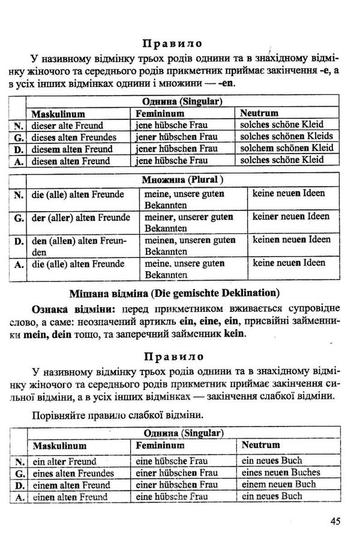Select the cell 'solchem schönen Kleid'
tap(286, 148)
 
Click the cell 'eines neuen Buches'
tap(281, 473)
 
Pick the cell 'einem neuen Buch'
tap(278, 485)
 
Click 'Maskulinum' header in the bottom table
tap(59, 446)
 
